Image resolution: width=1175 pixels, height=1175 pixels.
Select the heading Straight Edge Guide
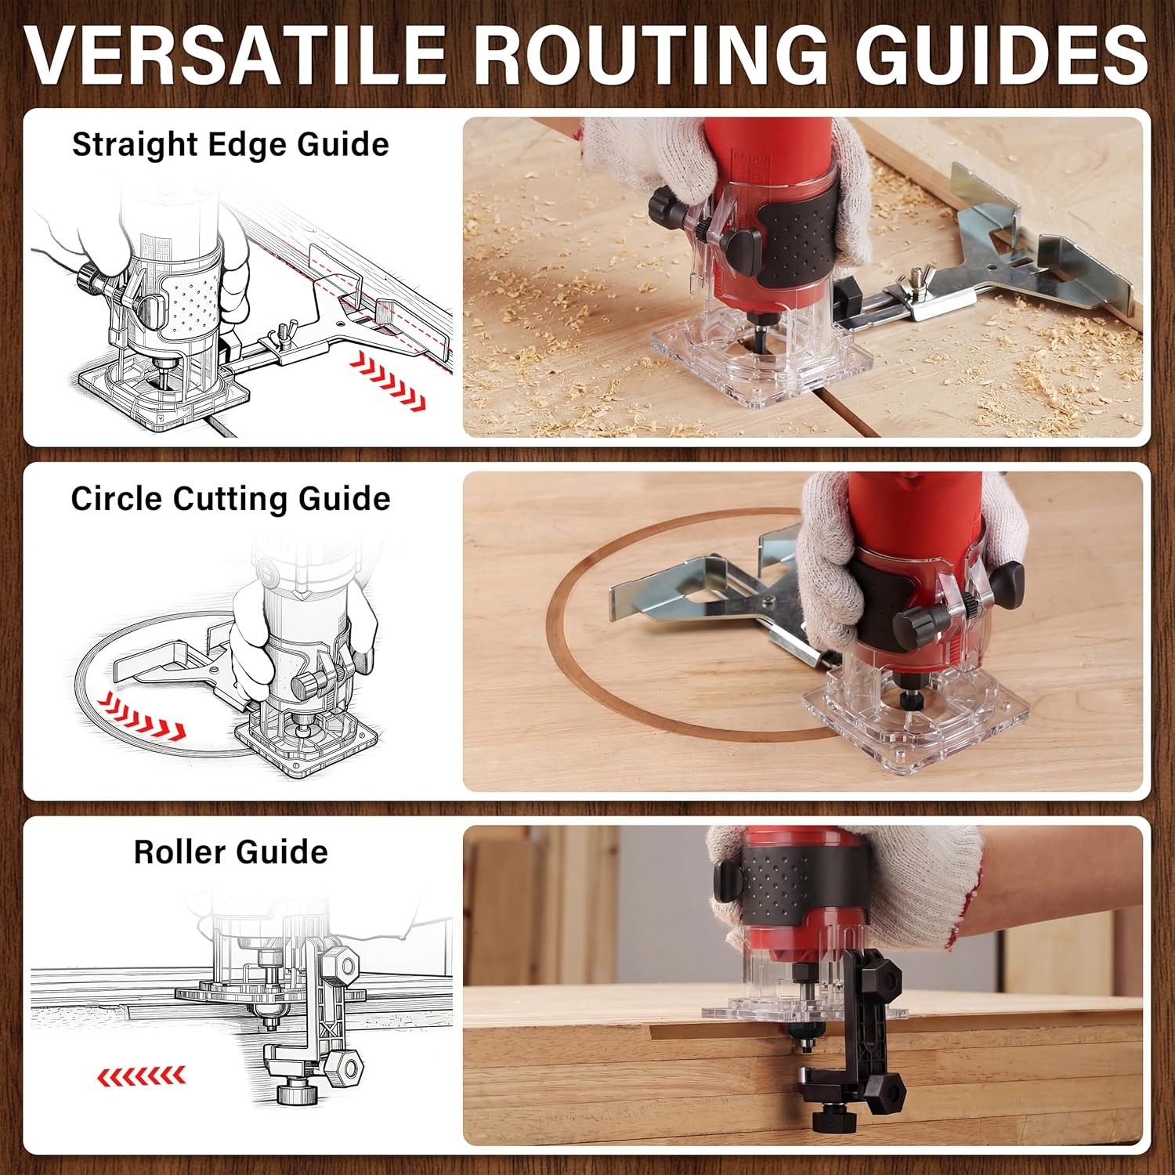coord(230,145)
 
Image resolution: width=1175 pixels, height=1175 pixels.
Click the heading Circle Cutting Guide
coord(230,499)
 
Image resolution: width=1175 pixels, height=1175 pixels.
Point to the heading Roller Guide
coord(230,852)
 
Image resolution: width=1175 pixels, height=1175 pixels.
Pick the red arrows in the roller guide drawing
coord(141,1076)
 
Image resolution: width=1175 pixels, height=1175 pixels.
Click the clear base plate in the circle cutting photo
coord(916,717)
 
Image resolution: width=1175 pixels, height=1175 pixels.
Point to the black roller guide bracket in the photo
coord(858,1034)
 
